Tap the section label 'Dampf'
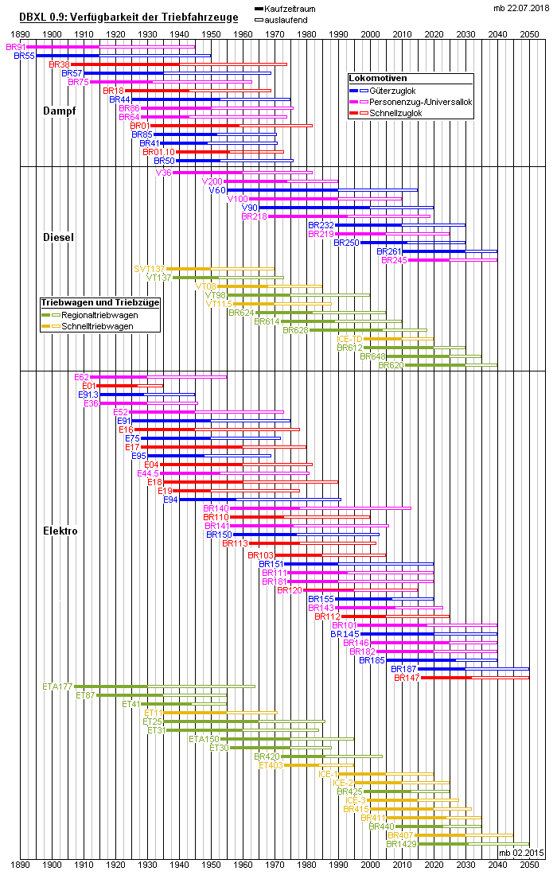59,111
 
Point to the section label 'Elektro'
60,531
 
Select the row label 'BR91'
16,48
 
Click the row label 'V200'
212,181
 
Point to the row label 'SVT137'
150,269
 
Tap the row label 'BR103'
260,555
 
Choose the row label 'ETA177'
57,686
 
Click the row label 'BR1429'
402,844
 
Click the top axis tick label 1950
212,34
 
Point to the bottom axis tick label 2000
371,863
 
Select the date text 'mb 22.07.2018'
520,8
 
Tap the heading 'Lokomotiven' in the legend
379,79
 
